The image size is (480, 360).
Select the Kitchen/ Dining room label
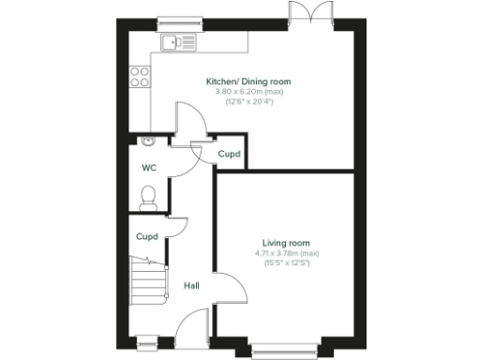coord(248,82)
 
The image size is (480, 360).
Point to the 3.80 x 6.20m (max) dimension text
coord(248,92)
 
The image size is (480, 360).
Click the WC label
coord(148,169)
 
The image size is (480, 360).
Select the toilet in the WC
coord(148,196)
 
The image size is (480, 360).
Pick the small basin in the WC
coord(148,141)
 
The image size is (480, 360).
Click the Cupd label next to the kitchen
coord(229,154)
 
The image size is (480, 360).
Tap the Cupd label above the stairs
coord(145,237)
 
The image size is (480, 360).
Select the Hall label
coord(190,285)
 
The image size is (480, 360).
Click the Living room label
coord(286,243)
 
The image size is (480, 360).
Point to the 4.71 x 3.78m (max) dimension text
coord(286,253)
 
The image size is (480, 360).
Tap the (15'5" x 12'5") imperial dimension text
coord(286,262)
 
